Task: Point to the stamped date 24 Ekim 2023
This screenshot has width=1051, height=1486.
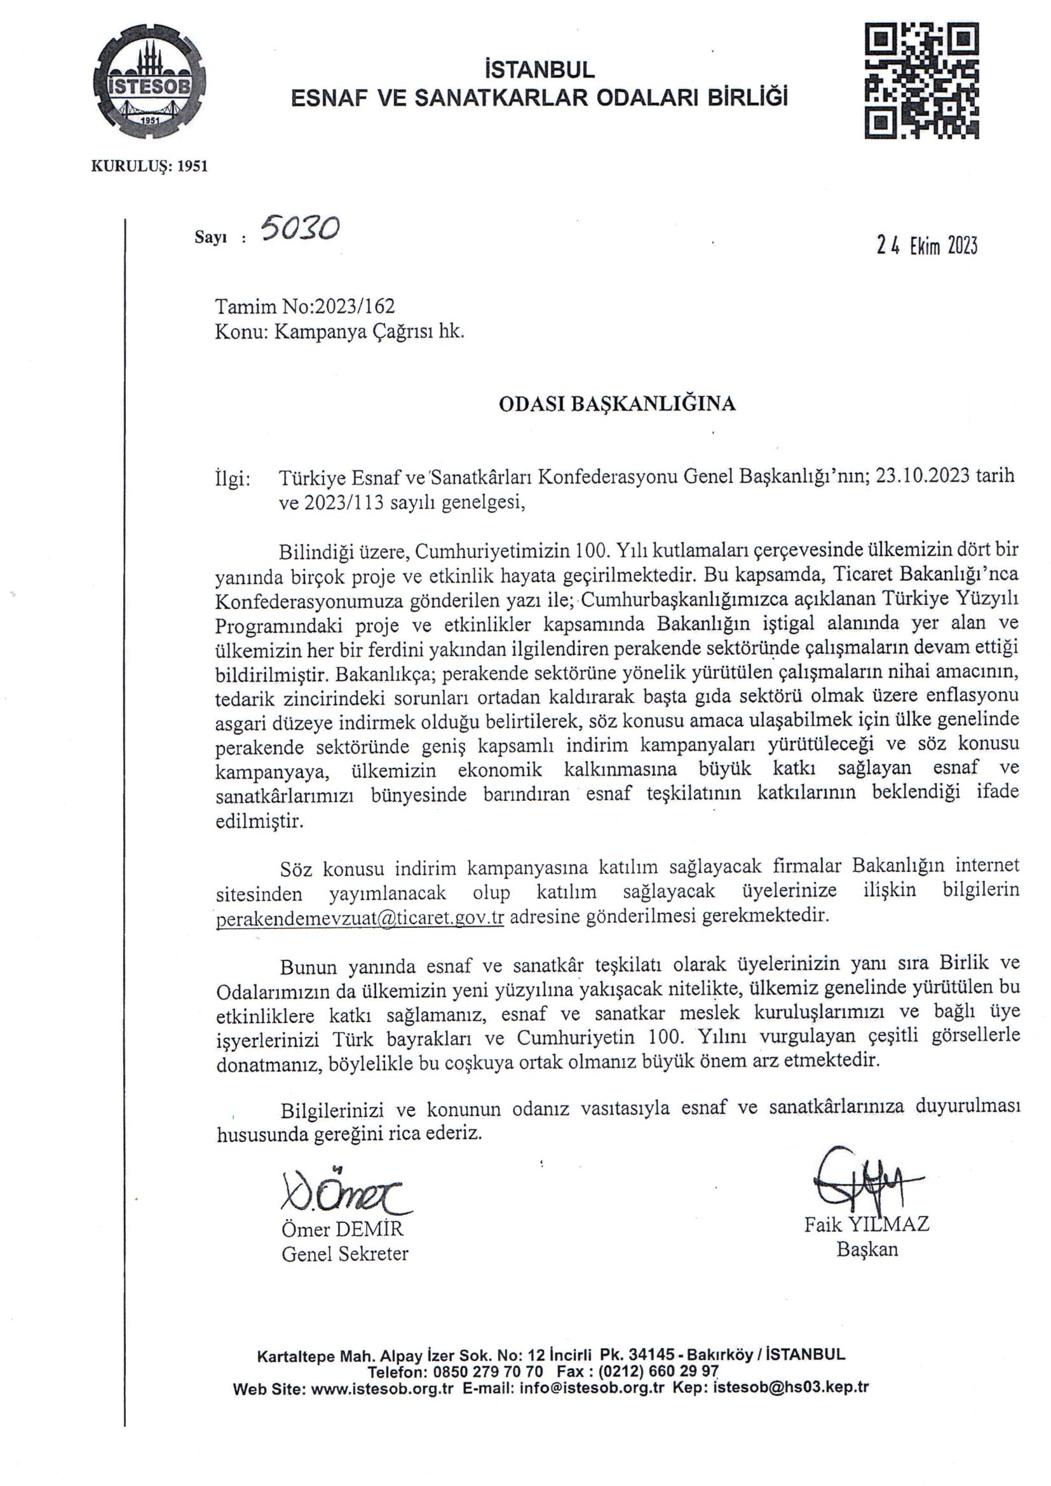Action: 926,246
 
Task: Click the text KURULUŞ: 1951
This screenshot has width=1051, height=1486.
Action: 149,167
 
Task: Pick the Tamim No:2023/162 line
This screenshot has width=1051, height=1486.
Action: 305,306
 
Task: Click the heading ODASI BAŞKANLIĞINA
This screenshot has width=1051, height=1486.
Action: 617,404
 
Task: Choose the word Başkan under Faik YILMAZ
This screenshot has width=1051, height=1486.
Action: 867,1249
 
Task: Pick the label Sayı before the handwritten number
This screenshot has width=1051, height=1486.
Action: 209,237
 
